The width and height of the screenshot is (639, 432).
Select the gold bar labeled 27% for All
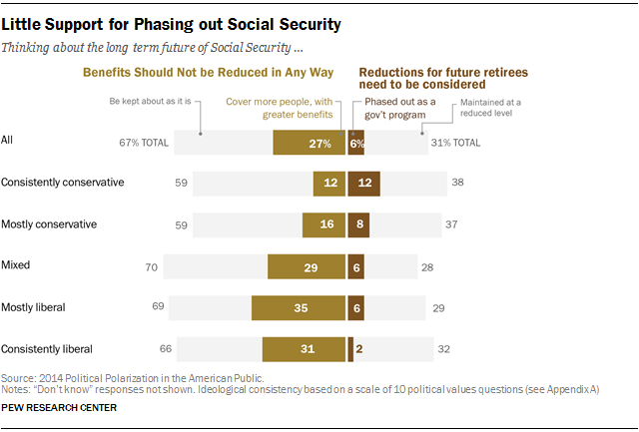point(310,143)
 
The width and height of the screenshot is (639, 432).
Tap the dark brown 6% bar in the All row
point(356,143)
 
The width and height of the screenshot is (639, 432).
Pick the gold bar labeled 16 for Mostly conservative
point(324,224)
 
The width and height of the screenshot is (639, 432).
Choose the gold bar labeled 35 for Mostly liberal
point(299,307)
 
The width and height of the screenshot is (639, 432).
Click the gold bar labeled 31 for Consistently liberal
point(304,349)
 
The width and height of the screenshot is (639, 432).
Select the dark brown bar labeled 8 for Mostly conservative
point(358,224)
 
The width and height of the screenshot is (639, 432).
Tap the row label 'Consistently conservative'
point(63,183)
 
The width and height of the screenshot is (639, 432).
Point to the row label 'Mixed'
point(16,266)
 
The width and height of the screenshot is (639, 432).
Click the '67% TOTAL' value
point(144,143)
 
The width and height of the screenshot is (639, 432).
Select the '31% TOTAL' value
point(454,143)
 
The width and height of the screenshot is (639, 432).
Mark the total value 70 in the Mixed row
point(151,266)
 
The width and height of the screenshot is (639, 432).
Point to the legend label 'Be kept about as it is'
point(154,101)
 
